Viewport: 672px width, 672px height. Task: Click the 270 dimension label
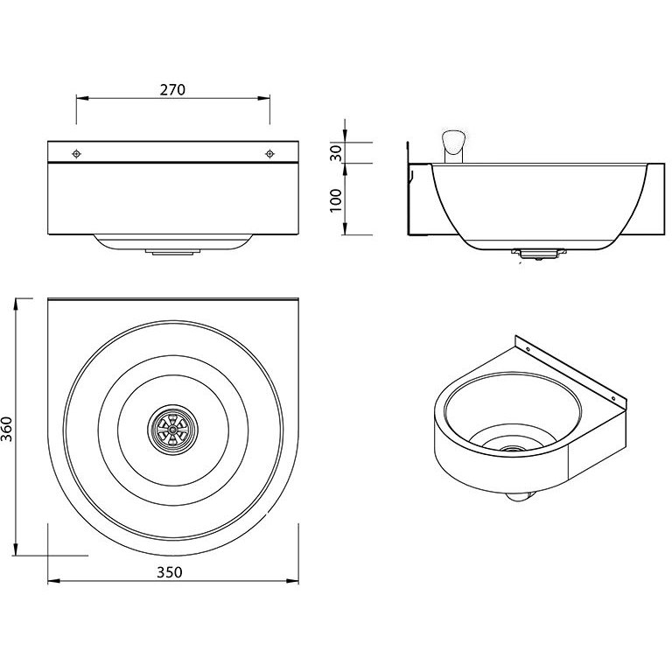click(x=172, y=89)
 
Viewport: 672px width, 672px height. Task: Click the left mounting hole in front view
click(x=77, y=153)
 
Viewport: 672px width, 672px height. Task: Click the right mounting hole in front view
click(x=269, y=153)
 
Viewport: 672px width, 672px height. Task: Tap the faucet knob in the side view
click(x=453, y=141)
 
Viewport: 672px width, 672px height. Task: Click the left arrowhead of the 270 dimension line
click(x=80, y=99)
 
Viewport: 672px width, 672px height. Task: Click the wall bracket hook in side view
click(x=410, y=175)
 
